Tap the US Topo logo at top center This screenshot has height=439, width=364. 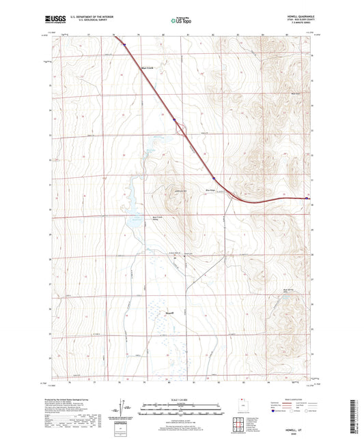point(181,20)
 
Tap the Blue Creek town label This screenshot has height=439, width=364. point(148,68)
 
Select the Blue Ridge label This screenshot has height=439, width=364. point(210,190)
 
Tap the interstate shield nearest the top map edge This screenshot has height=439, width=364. point(125,46)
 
